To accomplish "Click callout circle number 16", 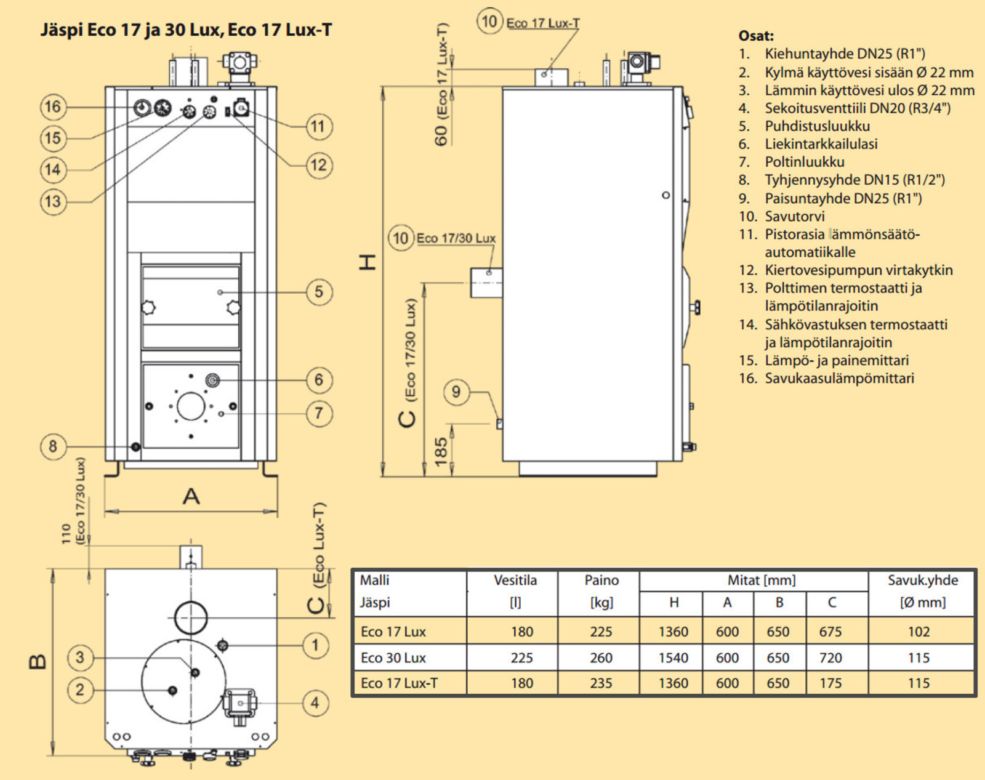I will point(53,107).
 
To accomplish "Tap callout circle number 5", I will point(318,291).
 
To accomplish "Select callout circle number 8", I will point(53,446).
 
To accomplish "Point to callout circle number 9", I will point(456,392).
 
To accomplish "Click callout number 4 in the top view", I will point(315,702).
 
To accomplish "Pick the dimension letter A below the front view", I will point(191,496).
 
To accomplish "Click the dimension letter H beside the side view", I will point(368,262).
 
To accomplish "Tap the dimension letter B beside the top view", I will point(37,661).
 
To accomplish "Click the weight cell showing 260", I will point(601,657).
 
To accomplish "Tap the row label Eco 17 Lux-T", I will point(399,683).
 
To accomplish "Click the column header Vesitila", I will point(515,580).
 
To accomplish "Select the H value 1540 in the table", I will point(673,657).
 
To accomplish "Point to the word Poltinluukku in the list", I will point(805,162).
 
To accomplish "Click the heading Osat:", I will point(756,36).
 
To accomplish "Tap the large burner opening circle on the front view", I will point(191,406).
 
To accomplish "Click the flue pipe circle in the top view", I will point(191,617).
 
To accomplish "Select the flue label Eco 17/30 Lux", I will point(456,238).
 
